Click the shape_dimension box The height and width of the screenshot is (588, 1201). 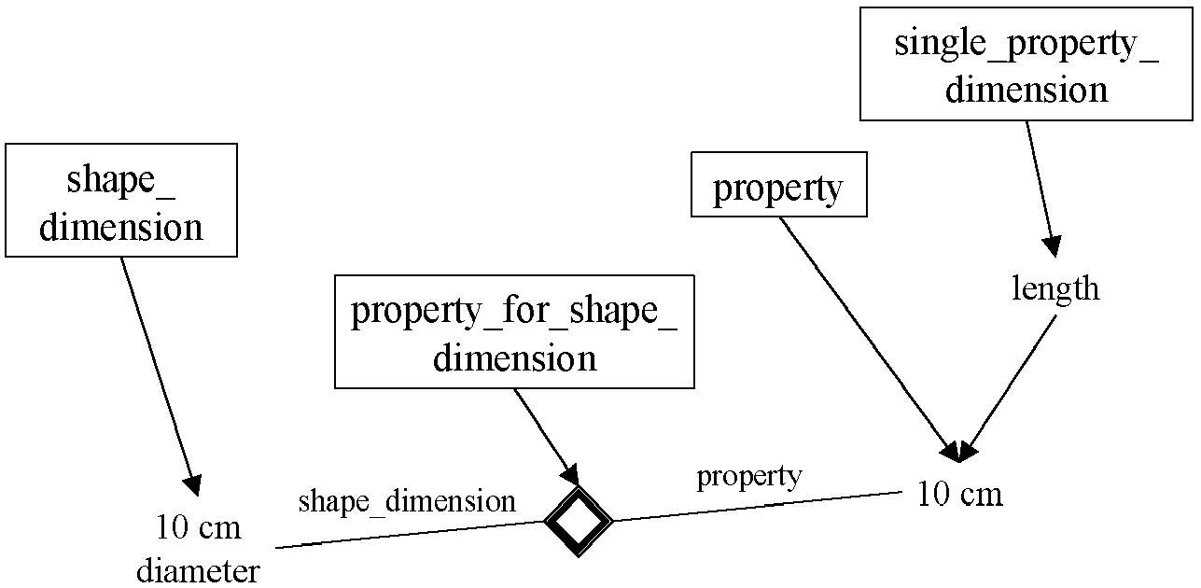121,200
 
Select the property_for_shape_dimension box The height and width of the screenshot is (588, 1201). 514,331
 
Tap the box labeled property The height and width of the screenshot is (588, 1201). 778,189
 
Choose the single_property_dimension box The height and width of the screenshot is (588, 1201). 1026,64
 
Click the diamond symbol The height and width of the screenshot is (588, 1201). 579,521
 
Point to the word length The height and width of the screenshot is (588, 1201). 1055,289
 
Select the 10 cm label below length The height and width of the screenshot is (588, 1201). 959,494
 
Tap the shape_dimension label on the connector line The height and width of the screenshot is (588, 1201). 407,502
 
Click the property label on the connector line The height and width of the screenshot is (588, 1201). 748,476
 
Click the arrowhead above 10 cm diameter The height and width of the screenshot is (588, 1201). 192,484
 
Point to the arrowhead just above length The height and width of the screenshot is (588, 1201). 1053,245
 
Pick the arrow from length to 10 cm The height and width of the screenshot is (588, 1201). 1012,383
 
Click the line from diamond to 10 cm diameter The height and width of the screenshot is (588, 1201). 411,534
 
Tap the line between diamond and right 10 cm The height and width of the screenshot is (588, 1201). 756,506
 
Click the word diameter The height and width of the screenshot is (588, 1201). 199,570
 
